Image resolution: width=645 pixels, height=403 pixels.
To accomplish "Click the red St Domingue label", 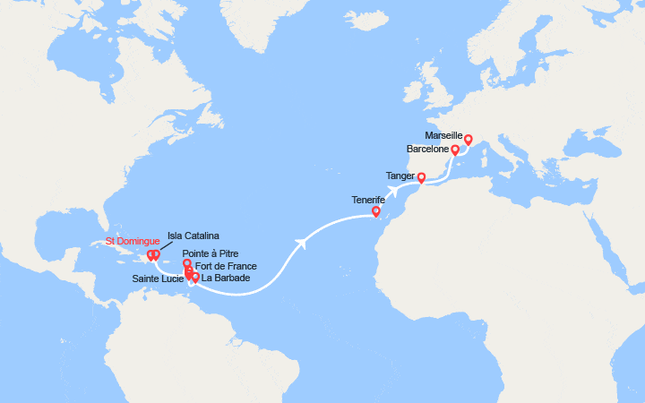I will pos(133,241).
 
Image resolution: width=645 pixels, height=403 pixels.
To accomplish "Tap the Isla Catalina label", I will pos(193,236).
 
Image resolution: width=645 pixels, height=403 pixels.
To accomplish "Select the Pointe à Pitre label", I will pos(213,254).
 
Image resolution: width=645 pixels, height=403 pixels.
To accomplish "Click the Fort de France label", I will pos(225,266).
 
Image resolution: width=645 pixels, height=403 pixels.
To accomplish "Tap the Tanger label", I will pos(400,176).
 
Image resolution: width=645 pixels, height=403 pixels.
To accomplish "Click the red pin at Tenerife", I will pos(376,212).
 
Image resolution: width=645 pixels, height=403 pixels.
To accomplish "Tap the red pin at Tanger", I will pos(421,177).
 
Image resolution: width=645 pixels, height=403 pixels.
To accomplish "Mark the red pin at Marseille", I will pos(468,139).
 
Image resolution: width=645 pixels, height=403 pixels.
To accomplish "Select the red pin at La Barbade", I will pos(195,277).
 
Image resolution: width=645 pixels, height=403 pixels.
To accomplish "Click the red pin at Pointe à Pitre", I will pos(186,263).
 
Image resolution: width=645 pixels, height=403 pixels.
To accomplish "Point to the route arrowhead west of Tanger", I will pos(392,190).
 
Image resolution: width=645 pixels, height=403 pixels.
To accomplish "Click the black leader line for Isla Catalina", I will pos(161,245).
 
